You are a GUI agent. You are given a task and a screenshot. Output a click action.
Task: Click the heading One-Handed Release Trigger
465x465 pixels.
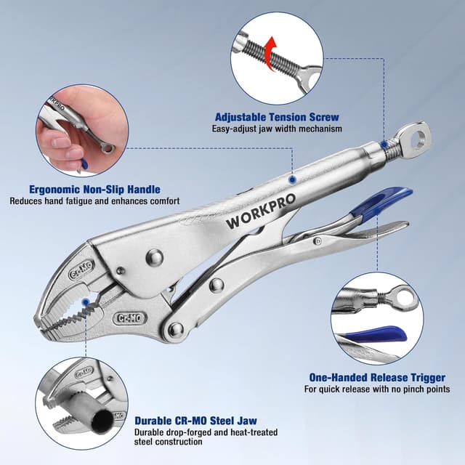[377, 378]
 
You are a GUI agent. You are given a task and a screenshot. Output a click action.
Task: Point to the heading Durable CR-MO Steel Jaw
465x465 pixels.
[195, 420]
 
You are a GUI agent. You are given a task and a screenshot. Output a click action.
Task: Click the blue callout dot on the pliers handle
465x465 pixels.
[291, 178]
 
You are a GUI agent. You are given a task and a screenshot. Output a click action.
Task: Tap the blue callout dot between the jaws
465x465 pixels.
[86, 301]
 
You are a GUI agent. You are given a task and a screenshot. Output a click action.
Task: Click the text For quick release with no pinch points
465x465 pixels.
[376, 390]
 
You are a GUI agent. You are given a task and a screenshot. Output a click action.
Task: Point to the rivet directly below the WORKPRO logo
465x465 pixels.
[154, 256]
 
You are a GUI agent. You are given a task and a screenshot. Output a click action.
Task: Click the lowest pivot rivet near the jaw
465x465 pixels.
[175, 330]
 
